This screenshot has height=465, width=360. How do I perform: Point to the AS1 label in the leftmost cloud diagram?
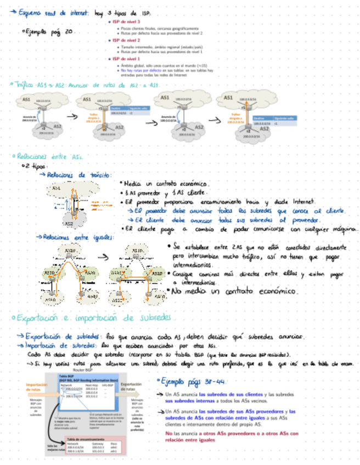(x=26, y=99)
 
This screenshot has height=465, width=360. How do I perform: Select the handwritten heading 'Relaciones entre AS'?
(x=49, y=156)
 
